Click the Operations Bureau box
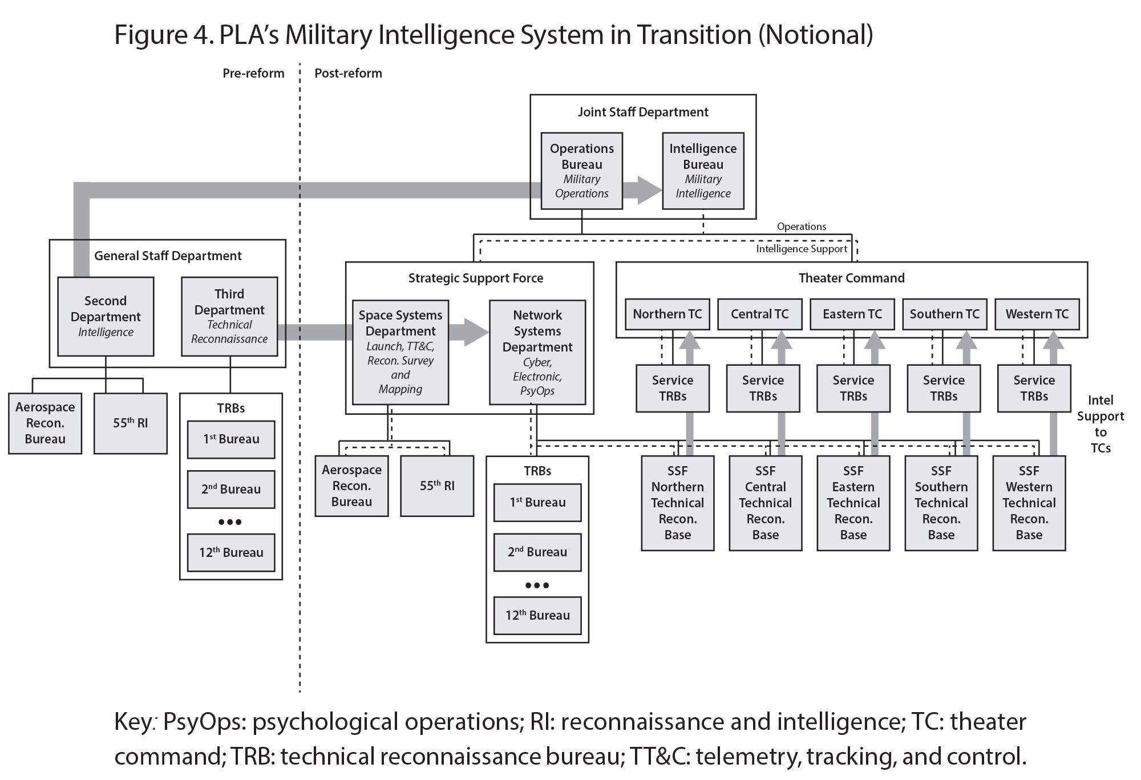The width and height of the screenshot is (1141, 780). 581,171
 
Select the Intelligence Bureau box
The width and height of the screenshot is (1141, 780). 703,171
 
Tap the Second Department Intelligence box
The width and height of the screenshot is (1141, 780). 106,316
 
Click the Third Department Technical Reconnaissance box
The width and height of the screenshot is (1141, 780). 229,316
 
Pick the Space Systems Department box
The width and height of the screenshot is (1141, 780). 400,352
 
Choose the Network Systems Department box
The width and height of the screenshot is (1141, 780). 537,352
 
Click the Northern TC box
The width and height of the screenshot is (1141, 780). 667,314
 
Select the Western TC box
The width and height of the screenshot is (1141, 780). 1037,314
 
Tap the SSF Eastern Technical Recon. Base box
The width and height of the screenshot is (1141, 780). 853,503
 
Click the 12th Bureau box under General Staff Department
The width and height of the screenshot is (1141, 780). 231,552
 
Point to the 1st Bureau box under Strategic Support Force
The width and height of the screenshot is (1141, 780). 537,502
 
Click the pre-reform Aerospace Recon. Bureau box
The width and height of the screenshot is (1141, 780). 45,423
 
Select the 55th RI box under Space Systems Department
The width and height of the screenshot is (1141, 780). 437,486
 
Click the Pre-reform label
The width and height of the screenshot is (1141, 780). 253,73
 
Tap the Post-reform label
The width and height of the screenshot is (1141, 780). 348,73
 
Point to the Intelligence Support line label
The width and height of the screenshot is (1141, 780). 801,249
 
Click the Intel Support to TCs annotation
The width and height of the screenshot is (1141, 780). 1100,423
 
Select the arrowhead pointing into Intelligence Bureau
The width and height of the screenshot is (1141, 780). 649,190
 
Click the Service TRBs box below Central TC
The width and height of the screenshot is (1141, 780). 763,388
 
